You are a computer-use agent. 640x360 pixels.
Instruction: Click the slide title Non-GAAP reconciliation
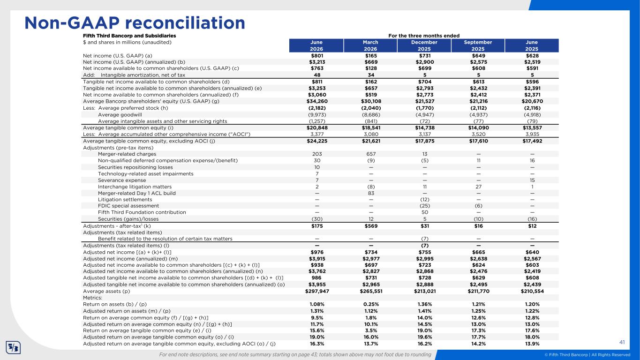click(x=135, y=23)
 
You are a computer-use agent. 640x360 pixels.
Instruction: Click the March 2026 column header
click(x=370, y=45)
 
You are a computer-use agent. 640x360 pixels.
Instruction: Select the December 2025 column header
click(x=424, y=45)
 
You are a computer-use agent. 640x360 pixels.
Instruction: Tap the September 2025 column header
click(x=478, y=45)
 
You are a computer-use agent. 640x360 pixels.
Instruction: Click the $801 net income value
click(x=317, y=56)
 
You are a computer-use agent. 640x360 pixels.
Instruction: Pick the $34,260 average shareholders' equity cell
click(x=317, y=101)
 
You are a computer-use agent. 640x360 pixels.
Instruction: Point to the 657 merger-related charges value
click(x=371, y=154)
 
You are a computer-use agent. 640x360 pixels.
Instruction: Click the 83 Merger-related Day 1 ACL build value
click(x=371, y=193)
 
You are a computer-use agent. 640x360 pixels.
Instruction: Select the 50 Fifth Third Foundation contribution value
click(x=425, y=212)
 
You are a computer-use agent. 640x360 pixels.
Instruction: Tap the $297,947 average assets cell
click(x=317, y=291)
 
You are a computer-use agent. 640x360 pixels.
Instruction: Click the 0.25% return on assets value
click(x=371, y=304)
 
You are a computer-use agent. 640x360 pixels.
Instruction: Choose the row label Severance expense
click(x=122, y=180)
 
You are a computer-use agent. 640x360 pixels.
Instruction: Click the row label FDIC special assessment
click(x=128, y=206)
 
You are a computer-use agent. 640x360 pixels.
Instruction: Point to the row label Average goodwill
click(x=120, y=115)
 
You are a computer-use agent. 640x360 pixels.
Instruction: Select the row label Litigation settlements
click(x=125, y=199)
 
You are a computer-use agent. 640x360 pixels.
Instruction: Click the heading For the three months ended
click(x=424, y=36)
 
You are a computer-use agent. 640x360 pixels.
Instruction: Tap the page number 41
click(x=622, y=342)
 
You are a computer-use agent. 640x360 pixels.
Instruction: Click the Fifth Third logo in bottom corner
click(x=13, y=347)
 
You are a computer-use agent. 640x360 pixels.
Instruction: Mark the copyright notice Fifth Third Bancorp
click(x=587, y=355)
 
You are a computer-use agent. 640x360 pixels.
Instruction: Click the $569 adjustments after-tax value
click(x=371, y=226)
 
